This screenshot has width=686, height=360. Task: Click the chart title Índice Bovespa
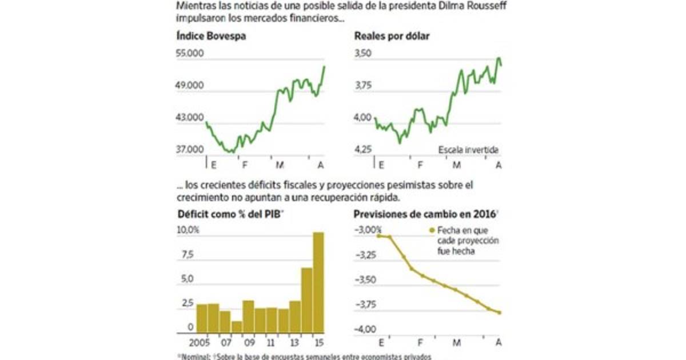207,36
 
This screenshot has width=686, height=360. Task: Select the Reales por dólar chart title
392,36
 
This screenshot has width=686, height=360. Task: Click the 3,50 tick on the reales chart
364,54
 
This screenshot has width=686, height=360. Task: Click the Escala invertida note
469,150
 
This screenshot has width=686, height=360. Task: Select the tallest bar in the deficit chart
318,283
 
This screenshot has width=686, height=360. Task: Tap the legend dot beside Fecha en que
432,230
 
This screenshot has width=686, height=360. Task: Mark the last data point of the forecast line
499,312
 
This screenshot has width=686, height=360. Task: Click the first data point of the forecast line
378,235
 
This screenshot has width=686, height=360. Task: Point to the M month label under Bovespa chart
280,165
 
